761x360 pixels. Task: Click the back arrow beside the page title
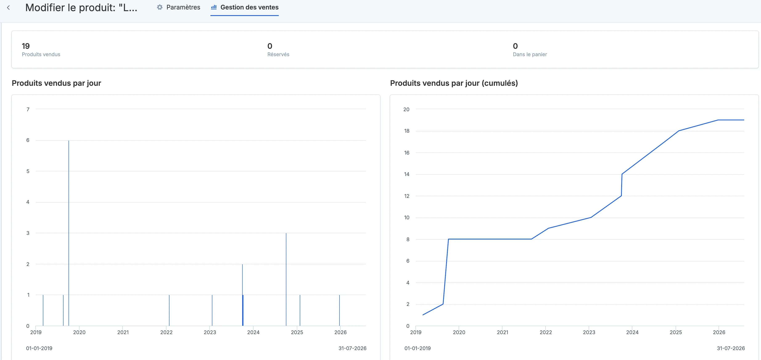[x=8, y=8]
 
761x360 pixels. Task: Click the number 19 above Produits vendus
[x=26, y=46]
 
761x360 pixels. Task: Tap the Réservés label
[x=278, y=54]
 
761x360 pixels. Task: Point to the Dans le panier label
[x=530, y=54]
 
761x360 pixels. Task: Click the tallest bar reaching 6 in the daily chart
[x=69, y=233]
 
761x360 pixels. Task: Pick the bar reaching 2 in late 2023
[x=242, y=295]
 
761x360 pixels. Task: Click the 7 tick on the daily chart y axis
[x=28, y=109]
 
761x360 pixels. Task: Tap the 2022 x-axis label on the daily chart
[x=166, y=332]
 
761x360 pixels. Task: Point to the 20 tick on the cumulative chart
[x=407, y=109]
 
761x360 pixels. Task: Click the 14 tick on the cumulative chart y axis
[x=407, y=174]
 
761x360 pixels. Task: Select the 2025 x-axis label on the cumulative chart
[x=676, y=332]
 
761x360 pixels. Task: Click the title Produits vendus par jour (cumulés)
[x=454, y=83]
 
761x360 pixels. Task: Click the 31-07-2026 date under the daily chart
[x=352, y=348]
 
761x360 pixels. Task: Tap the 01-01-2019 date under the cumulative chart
[x=417, y=348]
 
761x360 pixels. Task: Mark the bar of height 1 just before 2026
[x=340, y=310]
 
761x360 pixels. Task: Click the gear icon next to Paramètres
[x=160, y=7]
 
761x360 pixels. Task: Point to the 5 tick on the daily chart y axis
[x=28, y=171]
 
